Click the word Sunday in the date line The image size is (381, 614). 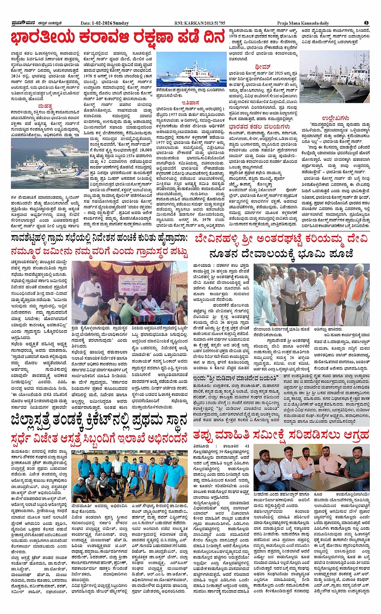pyautogui.click(x=121, y=23)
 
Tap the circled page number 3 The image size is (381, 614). pyautogui.click(x=366, y=23)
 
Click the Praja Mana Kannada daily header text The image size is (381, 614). pyautogui.click(x=303, y=23)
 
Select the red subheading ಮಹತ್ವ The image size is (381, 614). pyautogui.click(x=45, y=106)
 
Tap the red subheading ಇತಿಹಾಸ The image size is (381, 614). pyautogui.click(x=190, y=103)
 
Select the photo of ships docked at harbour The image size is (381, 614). pyautogui.click(x=340, y=77)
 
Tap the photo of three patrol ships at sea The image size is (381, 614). pyautogui.click(x=50, y=163)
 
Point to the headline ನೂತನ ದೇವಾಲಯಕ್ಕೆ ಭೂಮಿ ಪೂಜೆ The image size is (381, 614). pyautogui.click(x=281, y=254)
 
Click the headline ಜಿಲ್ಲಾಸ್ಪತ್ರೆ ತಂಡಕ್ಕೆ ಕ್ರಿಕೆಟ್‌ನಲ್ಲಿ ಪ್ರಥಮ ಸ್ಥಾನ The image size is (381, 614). pyautogui.click(x=99, y=420)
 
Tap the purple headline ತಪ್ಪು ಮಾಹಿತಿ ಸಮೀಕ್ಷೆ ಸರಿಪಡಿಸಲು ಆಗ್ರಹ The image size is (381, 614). pyautogui.click(x=281, y=435)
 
